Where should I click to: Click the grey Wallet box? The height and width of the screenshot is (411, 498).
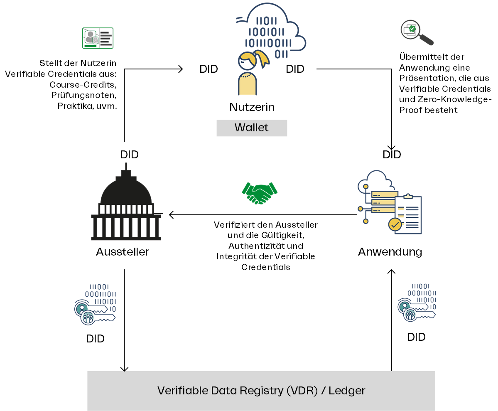(x=252, y=128)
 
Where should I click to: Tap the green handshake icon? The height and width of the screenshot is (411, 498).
(x=260, y=192)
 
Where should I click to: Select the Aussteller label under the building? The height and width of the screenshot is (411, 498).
(x=123, y=251)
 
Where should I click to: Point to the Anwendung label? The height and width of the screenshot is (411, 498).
(x=390, y=251)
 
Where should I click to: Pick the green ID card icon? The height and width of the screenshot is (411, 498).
(x=98, y=38)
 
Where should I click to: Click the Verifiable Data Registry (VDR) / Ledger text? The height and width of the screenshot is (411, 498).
(x=261, y=391)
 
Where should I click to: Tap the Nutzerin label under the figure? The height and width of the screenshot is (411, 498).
(x=252, y=107)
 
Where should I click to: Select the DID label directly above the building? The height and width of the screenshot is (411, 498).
(x=129, y=155)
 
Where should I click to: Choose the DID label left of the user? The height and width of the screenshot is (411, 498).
(x=209, y=69)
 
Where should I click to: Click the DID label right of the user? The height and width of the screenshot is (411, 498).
(x=295, y=69)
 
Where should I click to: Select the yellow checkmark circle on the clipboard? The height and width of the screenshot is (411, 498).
(x=395, y=225)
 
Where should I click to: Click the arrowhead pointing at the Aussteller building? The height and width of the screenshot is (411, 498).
(x=171, y=215)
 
